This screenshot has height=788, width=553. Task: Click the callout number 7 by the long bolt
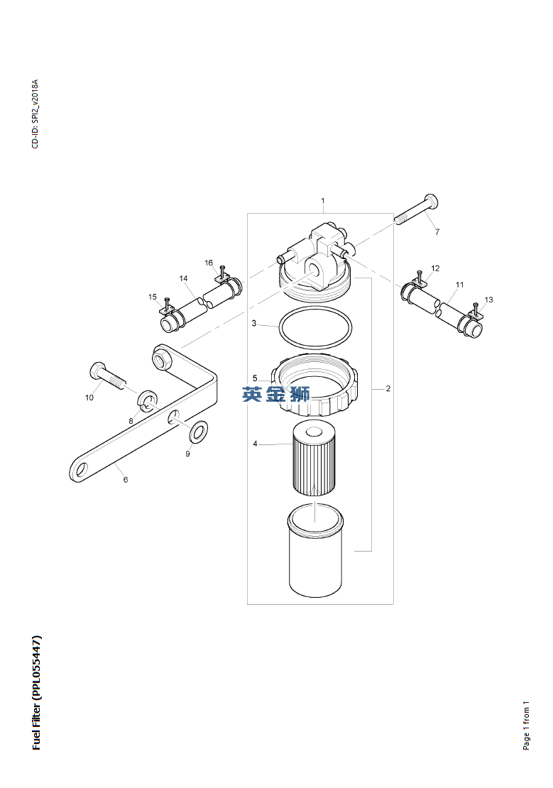[437, 231]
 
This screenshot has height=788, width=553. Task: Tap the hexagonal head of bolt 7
[432, 202]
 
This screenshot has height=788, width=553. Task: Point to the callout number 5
[255, 378]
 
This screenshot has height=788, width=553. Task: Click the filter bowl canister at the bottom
[315, 552]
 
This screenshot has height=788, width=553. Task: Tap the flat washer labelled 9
[198, 431]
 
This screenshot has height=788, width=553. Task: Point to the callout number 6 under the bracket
[126, 479]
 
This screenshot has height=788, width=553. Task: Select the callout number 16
[209, 263]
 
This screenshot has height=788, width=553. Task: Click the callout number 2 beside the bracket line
[388, 388]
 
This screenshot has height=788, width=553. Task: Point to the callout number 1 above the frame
[323, 200]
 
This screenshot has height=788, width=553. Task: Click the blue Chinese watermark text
[276, 394]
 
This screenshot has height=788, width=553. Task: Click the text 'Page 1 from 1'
[526, 726]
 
